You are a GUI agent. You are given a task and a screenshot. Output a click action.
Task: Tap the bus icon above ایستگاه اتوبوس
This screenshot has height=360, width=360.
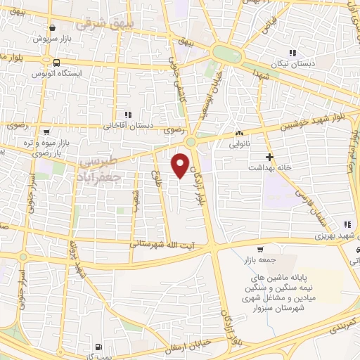pyautogui.click(x=34, y=63)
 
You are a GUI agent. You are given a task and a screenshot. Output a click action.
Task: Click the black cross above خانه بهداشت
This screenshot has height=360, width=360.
pyautogui.click(x=269, y=157)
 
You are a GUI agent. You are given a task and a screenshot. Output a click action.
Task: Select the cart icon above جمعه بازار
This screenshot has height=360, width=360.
pyautogui.click(x=260, y=250)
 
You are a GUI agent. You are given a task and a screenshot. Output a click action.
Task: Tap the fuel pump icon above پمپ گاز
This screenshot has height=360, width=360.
pyautogui.click(x=96, y=347)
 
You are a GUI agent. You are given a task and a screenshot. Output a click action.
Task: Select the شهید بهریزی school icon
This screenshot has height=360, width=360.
pyautogui.click(x=345, y=223)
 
